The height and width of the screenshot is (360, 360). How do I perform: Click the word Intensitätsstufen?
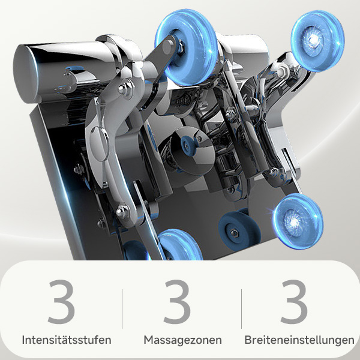point(67,340)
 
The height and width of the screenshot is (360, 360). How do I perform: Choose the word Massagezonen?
point(182,340)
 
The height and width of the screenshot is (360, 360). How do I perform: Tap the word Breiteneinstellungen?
point(299,340)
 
